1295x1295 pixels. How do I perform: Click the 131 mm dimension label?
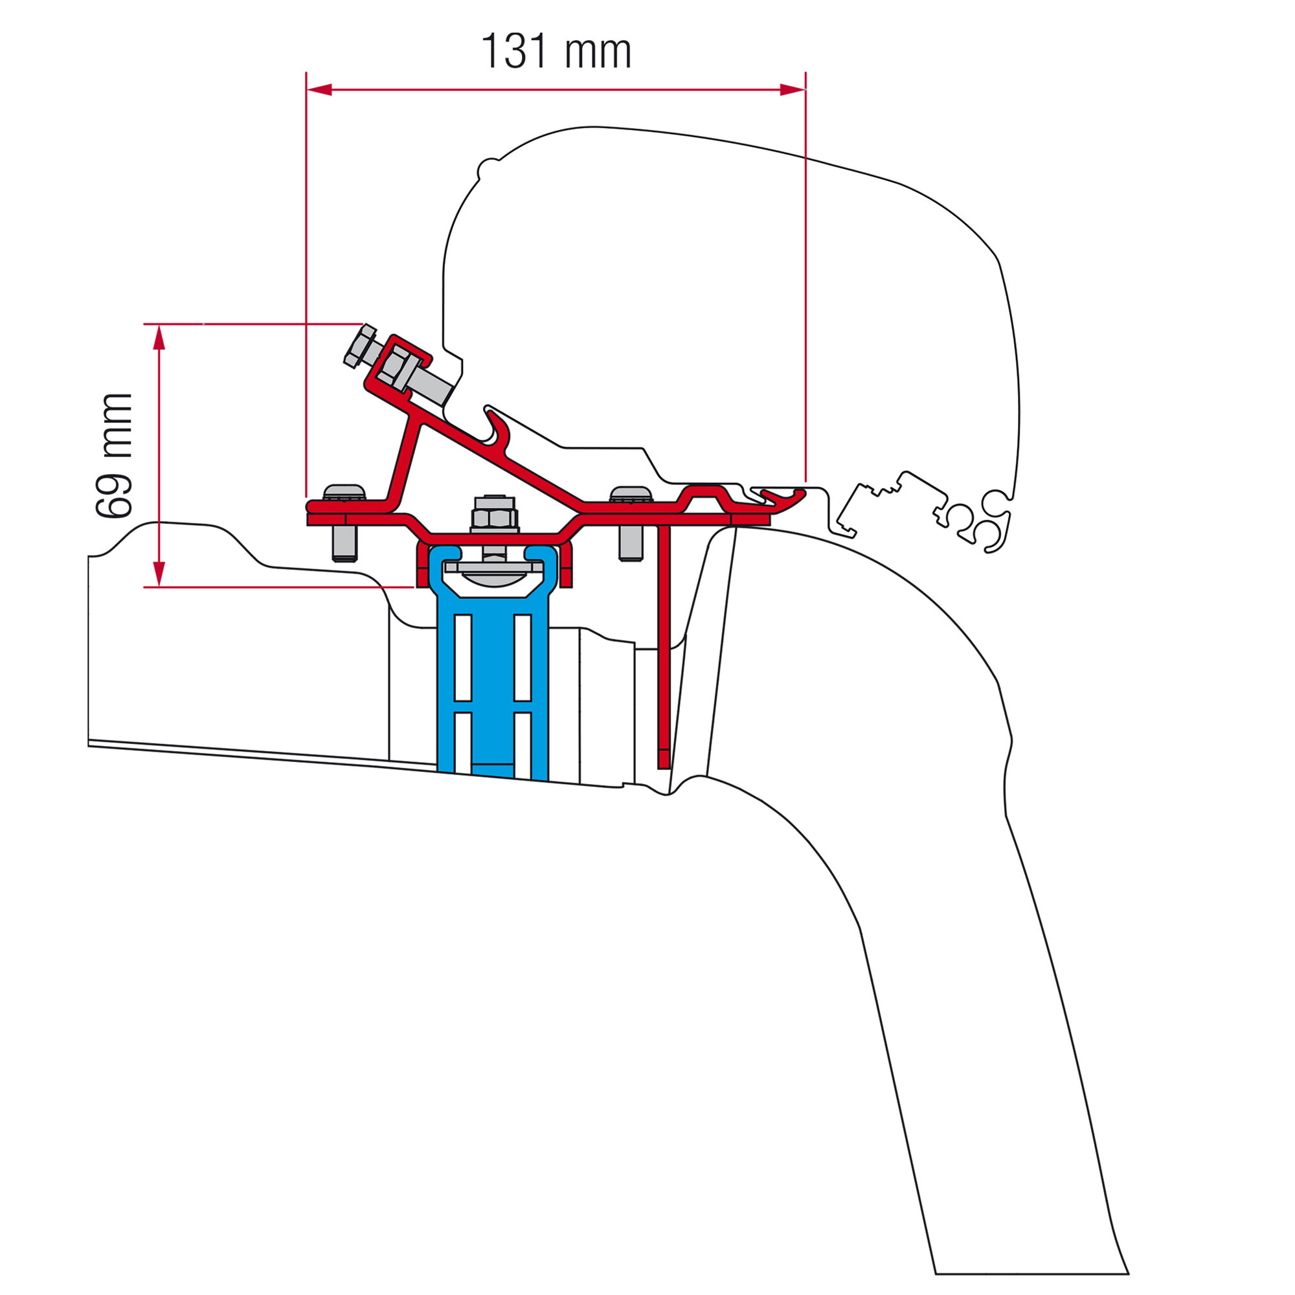point(556,52)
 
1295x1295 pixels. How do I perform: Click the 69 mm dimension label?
point(114,456)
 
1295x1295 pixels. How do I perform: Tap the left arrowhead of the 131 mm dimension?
point(320,90)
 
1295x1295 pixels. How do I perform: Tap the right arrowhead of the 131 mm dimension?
point(792,90)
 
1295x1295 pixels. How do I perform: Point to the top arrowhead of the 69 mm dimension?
point(159,338)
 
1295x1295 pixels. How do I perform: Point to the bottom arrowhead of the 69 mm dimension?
point(159,574)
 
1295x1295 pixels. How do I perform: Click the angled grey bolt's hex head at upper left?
point(359,346)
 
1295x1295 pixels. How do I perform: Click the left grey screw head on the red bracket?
point(344,493)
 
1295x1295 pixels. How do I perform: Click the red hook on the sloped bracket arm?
point(496,429)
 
